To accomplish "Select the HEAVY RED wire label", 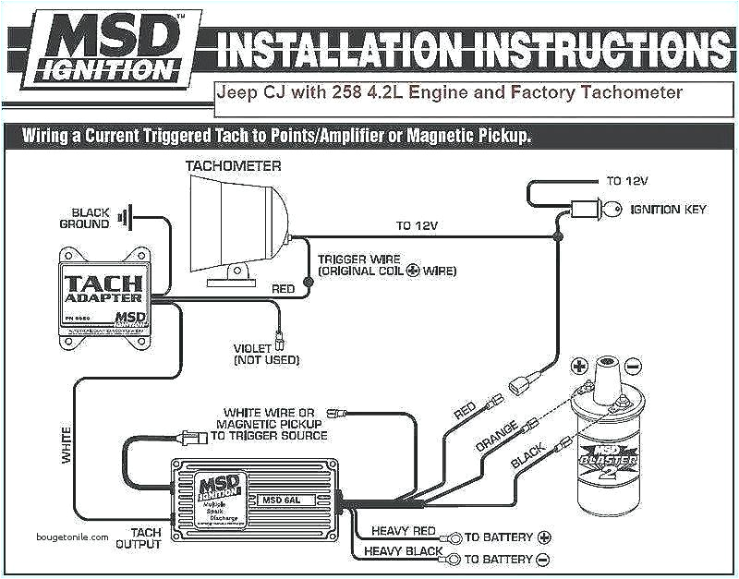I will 403,531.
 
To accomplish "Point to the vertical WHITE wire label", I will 67,444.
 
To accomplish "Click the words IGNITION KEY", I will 668,210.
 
